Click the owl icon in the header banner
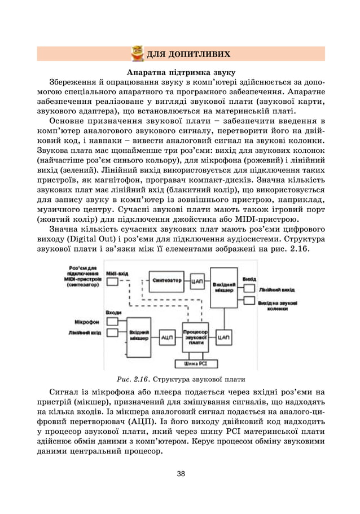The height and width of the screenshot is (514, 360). click(x=137, y=54)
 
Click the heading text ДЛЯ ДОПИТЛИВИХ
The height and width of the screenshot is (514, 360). click(x=188, y=54)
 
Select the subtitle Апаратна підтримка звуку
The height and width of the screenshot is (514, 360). click(x=181, y=73)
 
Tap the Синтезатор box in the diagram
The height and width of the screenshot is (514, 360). click(x=167, y=279)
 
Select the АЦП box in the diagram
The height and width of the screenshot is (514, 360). click(x=167, y=337)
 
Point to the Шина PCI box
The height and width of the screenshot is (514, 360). click(x=196, y=364)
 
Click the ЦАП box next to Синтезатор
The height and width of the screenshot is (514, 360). click(x=197, y=280)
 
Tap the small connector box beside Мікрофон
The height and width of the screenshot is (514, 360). click(x=112, y=322)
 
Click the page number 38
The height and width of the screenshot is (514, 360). click(x=181, y=474)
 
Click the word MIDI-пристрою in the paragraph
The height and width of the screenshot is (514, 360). click(x=266, y=219)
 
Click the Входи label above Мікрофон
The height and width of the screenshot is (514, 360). click(x=113, y=312)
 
